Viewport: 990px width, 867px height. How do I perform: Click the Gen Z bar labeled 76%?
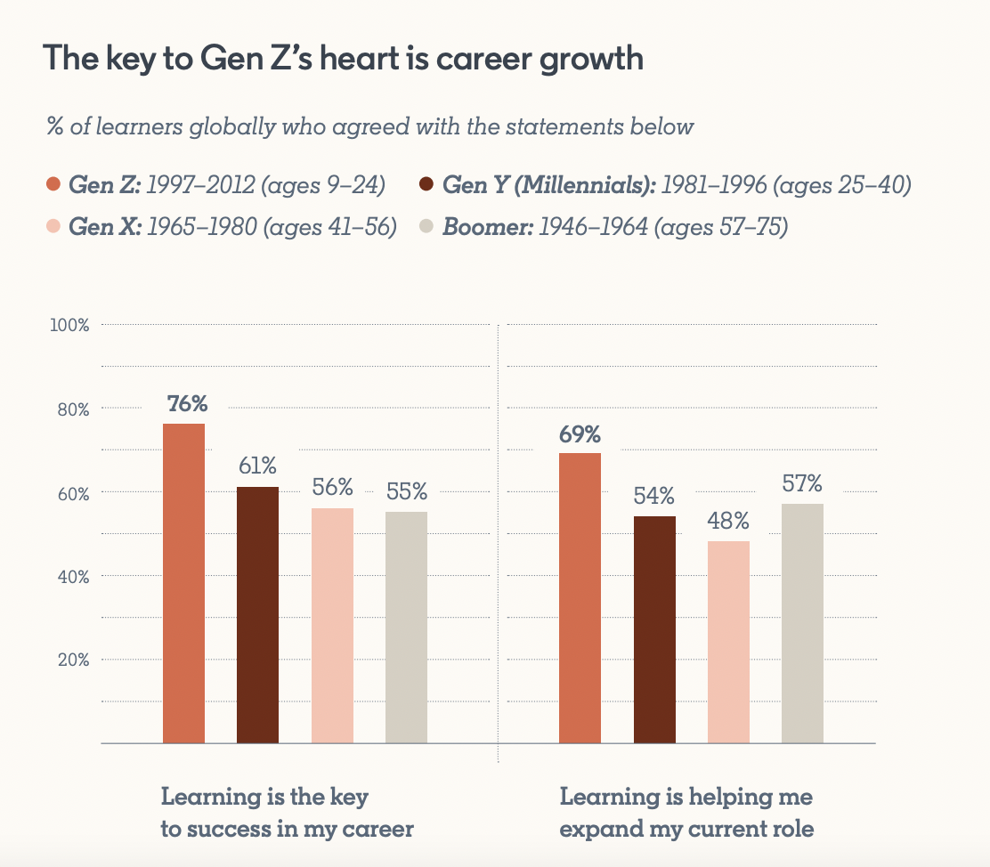pyautogui.click(x=184, y=583)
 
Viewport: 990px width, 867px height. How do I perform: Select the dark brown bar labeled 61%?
pyautogui.click(x=257, y=614)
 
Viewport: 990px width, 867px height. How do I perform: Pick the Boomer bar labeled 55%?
pyautogui.click(x=406, y=627)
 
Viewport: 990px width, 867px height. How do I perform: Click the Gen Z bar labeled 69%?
pyautogui.click(x=580, y=597)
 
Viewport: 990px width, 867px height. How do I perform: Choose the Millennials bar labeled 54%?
pyautogui.click(x=654, y=629)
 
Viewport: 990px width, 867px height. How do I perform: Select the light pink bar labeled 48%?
pyautogui.click(x=728, y=642)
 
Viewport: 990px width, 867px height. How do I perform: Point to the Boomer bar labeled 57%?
pyautogui.click(x=802, y=623)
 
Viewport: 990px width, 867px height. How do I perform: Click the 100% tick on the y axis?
pyautogui.click(x=69, y=326)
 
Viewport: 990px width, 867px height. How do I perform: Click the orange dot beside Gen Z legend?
pyautogui.click(x=53, y=185)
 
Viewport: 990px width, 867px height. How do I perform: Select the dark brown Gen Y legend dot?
pyautogui.click(x=426, y=185)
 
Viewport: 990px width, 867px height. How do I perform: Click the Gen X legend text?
pyautogui.click(x=232, y=227)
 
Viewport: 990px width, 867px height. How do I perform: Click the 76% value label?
pyautogui.click(x=187, y=403)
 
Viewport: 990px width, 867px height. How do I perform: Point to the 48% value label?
pyautogui.click(x=728, y=520)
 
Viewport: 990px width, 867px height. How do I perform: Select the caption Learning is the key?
pyautogui.click(x=264, y=796)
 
